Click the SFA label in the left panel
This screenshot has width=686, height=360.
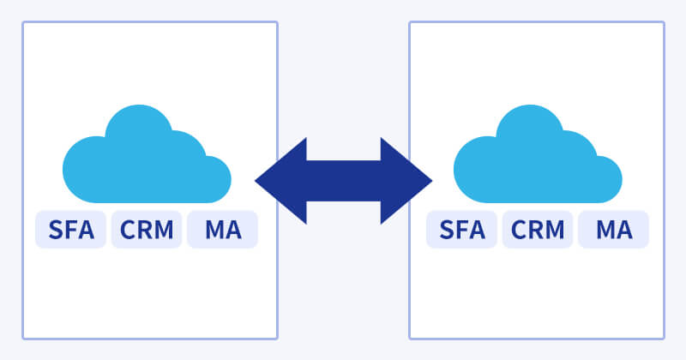tap(71, 230)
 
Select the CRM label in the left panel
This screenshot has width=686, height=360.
tap(147, 230)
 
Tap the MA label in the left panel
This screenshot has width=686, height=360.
tap(222, 230)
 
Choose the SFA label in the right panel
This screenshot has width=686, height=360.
tap(462, 230)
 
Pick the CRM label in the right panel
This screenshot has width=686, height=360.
tap(538, 230)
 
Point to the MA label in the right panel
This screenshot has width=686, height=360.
tap(613, 230)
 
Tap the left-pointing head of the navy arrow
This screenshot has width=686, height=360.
tap(279, 181)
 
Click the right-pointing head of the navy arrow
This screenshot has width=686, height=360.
tap(409, 181)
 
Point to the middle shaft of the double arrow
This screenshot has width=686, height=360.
tap(343, 181)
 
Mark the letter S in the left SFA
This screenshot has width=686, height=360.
tap(56, 230)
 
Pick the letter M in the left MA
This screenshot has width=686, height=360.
tap(212, 230)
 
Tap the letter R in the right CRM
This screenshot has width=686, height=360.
tap(538, 230)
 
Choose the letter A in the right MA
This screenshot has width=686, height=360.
tap(625, 230)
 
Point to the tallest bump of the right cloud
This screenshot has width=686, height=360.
tap(527, 120)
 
